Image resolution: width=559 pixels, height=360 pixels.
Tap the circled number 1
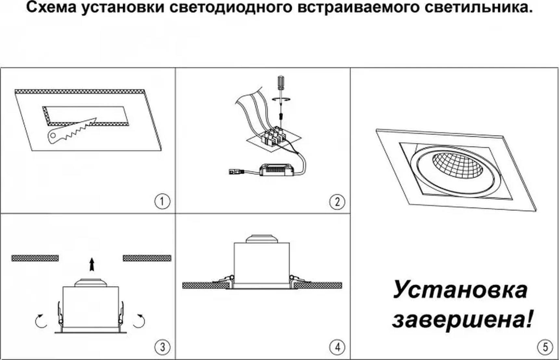tap(162, 201)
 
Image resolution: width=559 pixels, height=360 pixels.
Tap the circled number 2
tap(337, 202)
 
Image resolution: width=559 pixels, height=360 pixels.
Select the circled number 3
tap(162, 347)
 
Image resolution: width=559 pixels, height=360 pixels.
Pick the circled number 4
tap(337, 347)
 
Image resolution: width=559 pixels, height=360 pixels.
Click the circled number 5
tap(545, 347)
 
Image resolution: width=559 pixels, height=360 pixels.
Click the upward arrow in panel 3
tap(92, 264)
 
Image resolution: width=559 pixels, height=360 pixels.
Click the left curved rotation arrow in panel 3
tap(41, 321)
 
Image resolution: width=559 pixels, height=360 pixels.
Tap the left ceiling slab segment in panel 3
tap(35, 258)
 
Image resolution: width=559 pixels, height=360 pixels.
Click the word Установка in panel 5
tap(460, 290)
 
